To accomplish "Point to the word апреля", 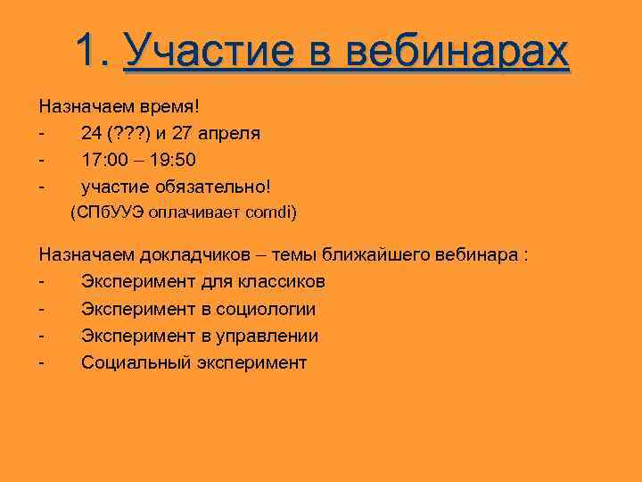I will tap(229, 133).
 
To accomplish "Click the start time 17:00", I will tap(104, 160).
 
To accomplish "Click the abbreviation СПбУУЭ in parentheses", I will tap(108, 213).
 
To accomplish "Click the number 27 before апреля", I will tap(183, 133).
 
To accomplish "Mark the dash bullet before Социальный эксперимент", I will tap(42, 362).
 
